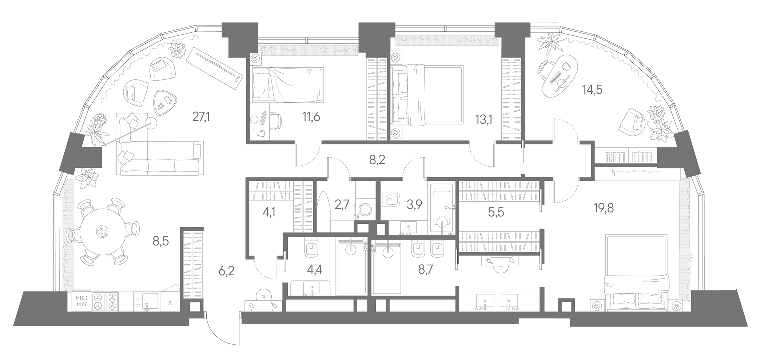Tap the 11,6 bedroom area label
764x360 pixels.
(x=311, y=117)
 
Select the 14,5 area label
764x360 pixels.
(x=592, y=90)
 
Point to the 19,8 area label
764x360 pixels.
(x=604, y=208)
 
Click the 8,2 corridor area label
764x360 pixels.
(x=377, y=159)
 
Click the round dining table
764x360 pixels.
(x=101, y=231)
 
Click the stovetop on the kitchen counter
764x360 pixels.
(x=105, y=302)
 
